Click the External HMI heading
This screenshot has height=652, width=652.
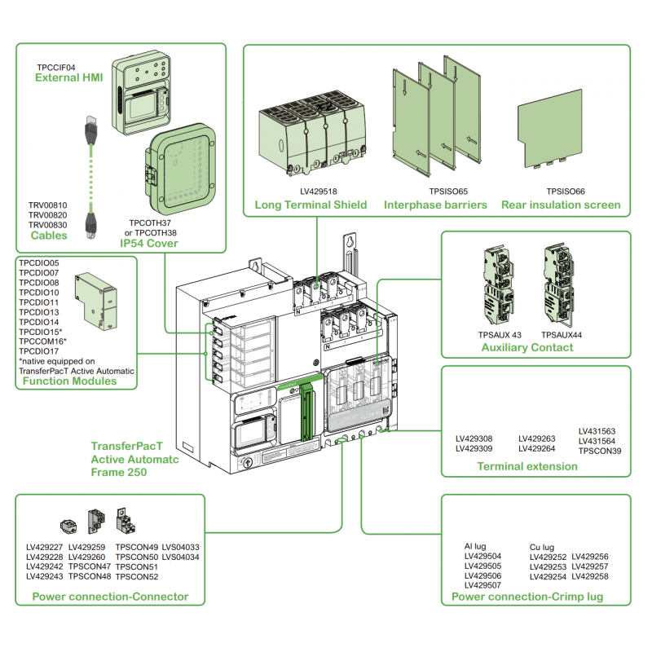click(x=66, y=78)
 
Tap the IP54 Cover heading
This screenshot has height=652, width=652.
click(x=149, y=243)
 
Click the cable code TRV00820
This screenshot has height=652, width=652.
click(x=48, y=215)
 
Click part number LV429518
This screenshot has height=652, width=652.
click(x=318, y=192)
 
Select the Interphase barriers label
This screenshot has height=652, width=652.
click(x=436, y=205)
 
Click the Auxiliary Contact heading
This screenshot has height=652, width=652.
click(x=526, y=347)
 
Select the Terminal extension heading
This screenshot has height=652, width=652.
click(x=526, y=466)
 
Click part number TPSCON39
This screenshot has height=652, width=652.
click(x=600, y=451)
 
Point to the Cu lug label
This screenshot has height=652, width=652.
click(x=541, y=547)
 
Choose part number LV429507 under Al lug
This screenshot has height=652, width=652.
click(x=482, y=585)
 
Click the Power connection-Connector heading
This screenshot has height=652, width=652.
click(x=110, y=597)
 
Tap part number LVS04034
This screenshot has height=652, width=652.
click(x=180, y=557)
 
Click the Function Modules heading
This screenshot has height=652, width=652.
click(x=69, y=381)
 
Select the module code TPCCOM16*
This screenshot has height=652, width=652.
click(x=42, y=341)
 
